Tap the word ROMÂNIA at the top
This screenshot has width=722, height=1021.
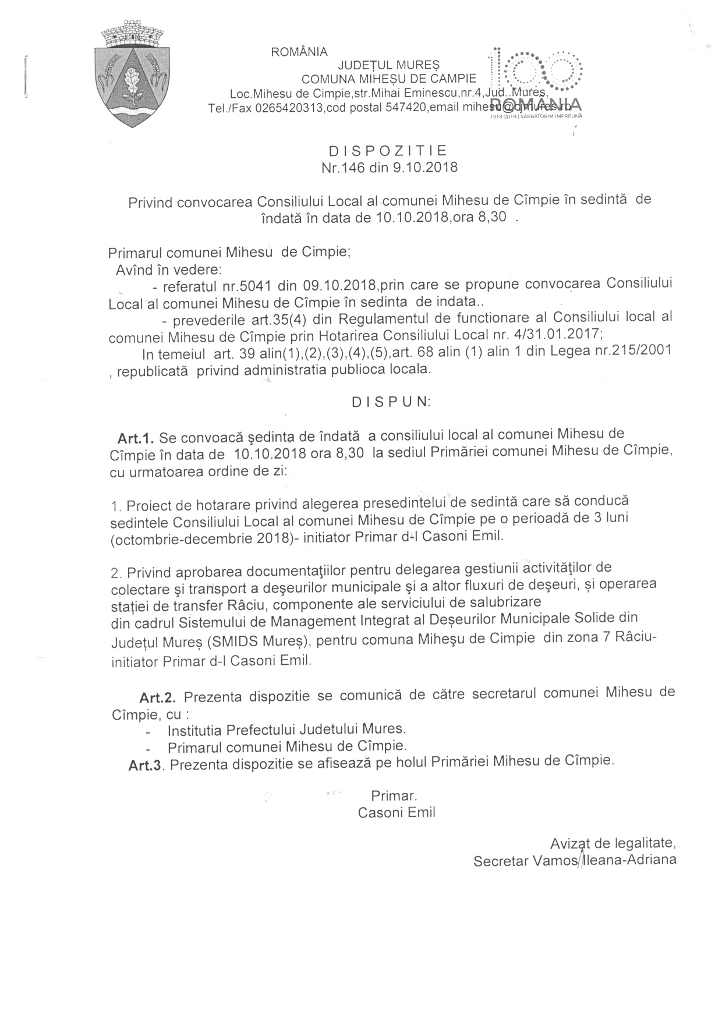coord(299,52)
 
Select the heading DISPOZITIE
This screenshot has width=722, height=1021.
coord(388,151)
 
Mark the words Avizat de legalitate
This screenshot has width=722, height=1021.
coord(613,843)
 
